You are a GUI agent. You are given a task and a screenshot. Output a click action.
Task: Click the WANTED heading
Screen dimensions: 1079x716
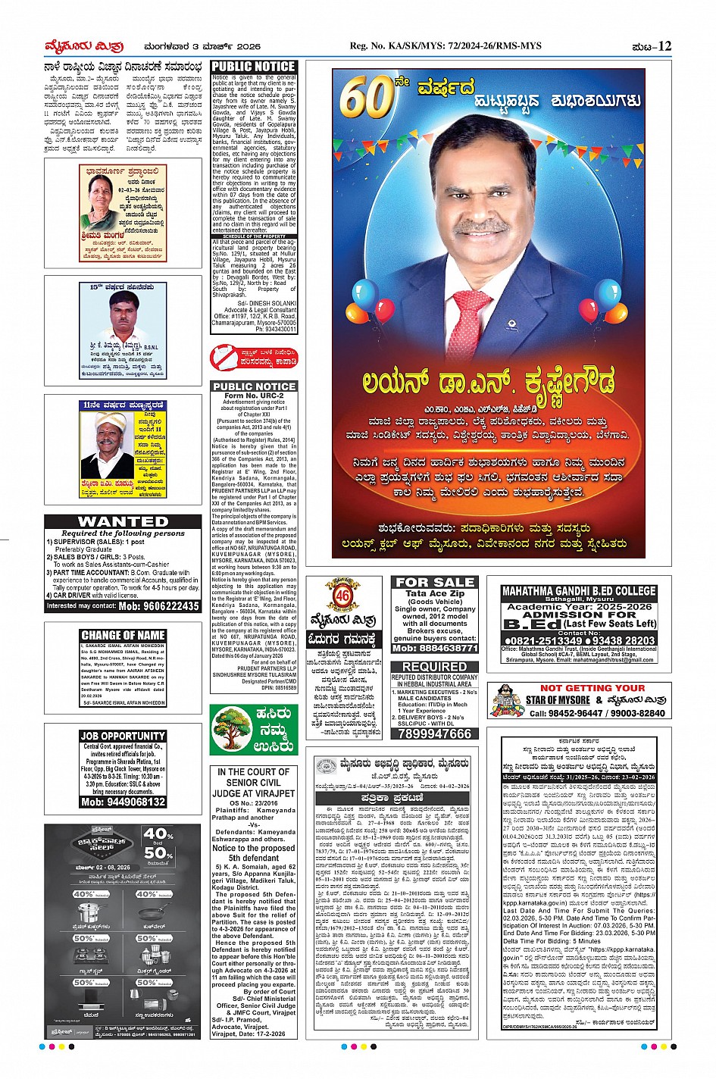[123, 521]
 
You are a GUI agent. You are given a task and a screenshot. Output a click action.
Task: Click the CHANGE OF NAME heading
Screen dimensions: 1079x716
[123, 635]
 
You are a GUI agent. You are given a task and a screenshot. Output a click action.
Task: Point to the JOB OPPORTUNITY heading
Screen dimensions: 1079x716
[123, 736]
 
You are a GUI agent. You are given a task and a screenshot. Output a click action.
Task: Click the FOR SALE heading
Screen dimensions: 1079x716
[434, 582]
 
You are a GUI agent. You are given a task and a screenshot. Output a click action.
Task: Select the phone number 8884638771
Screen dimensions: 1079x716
[434, 649]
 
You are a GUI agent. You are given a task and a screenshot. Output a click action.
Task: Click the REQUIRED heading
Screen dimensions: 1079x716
[434, 667]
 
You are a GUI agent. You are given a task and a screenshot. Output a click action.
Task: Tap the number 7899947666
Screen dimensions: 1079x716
[434, 733]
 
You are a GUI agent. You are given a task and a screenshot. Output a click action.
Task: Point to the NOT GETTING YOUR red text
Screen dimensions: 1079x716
[592, 688]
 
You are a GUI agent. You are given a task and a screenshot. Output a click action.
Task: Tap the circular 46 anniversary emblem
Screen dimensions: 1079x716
[342, 596]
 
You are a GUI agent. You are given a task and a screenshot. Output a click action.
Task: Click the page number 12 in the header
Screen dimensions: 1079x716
[664, 46]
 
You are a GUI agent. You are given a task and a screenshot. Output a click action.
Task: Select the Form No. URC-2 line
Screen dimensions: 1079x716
[254, 396]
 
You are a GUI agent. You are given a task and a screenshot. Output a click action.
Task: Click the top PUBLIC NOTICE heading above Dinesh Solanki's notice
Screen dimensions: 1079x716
[253, 67]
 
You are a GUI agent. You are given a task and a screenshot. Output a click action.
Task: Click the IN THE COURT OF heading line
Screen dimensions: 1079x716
[253, 772]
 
